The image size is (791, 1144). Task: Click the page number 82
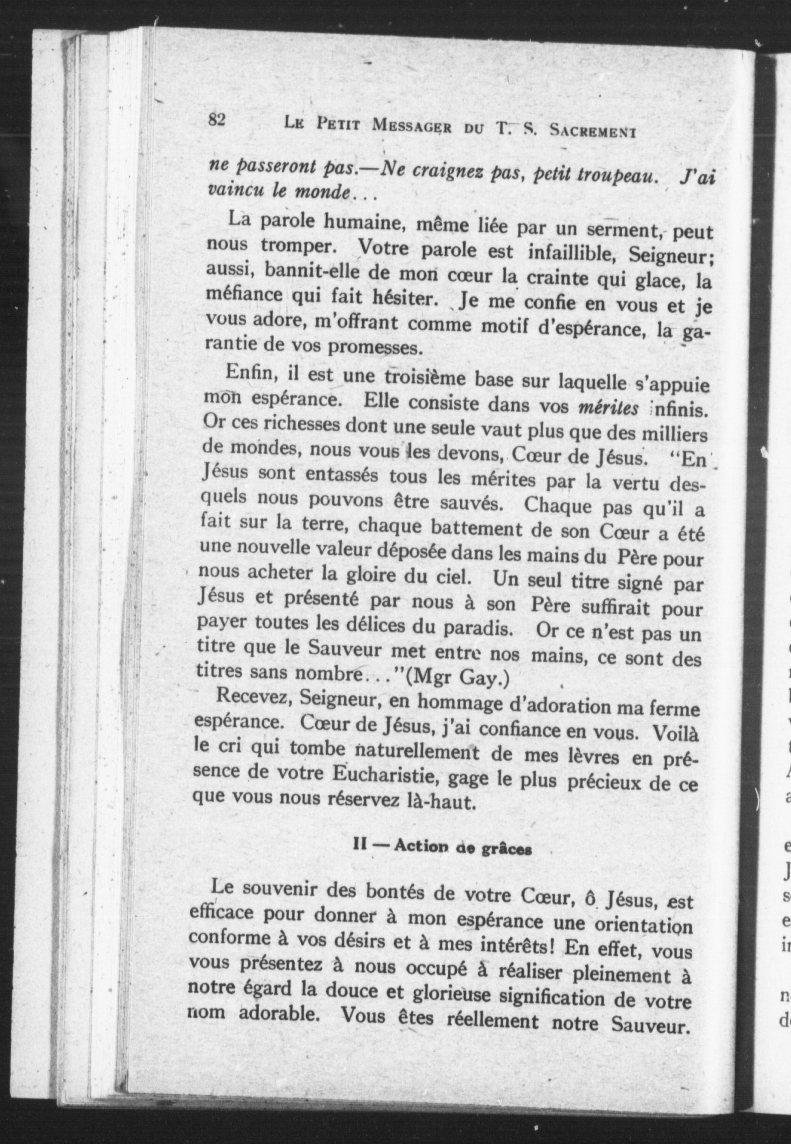[217, 120]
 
